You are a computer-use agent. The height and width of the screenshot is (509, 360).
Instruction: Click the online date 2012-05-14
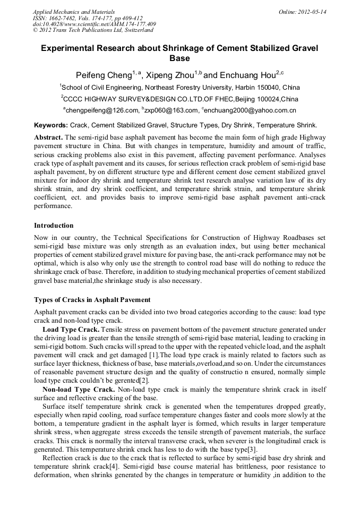[x=312, y=12]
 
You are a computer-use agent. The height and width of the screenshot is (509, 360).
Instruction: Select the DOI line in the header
[x=94, y=24]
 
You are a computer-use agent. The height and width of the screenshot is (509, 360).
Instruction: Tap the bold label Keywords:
[x=51, y=125]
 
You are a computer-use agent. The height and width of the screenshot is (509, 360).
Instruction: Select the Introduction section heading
[x=54, y=226]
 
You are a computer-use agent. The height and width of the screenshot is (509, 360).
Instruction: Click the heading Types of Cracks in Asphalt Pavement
[x=92, y=300]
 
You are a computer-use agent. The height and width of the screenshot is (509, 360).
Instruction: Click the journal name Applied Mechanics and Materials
[x=73, y=12]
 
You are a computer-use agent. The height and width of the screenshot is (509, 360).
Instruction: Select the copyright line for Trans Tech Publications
[x=93, y=31]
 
